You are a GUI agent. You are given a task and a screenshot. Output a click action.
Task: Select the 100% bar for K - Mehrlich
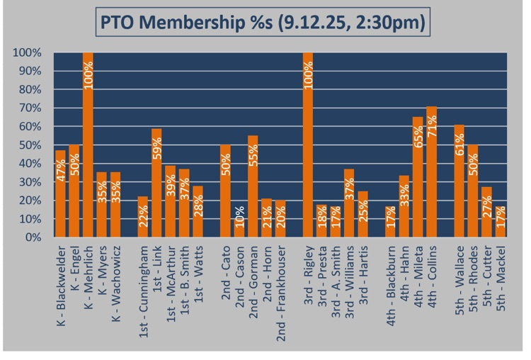tap(88, 145)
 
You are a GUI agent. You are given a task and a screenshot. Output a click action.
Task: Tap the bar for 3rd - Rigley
tap(308, 145)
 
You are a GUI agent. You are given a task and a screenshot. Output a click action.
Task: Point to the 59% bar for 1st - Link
tap(156, 183)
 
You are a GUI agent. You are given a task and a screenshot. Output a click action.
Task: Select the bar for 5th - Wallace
tap(459, 181)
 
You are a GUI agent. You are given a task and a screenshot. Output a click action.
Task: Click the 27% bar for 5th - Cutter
tap(487, 213)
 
